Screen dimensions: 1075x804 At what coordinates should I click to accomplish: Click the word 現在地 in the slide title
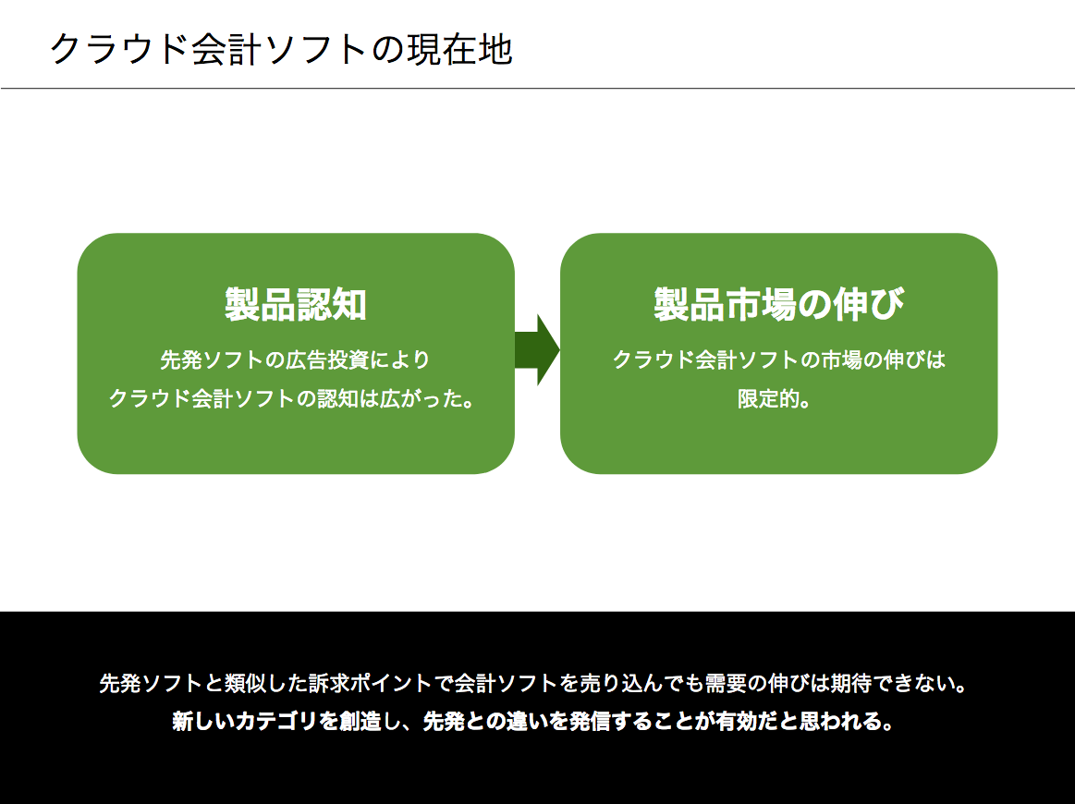[x=459, y=49]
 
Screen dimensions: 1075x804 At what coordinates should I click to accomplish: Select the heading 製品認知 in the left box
[x=296, y=304]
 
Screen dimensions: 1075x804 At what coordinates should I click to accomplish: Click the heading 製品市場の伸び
[x=779, y=304]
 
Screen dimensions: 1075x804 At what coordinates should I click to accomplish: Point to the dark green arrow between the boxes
[x=537, y=350]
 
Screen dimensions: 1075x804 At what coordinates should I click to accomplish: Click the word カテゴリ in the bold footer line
[x=275, y=721]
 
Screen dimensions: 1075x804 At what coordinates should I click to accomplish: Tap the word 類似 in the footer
[x=246, y=683]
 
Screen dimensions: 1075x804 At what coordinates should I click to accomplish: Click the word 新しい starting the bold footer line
[x=203, y=721]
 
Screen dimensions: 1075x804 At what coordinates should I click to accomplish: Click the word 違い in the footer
[x=518, y=721]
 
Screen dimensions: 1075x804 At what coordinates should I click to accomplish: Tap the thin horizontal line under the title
[x=538, y=89]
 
